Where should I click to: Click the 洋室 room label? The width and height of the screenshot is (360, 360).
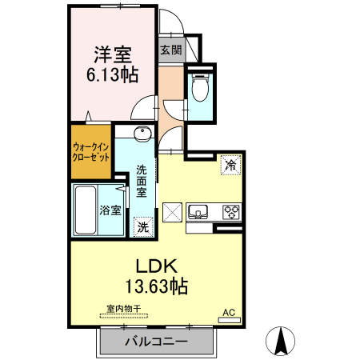coord(113,55)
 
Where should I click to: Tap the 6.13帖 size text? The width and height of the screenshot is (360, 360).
coord(113,74)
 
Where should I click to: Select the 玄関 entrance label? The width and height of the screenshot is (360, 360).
coord(171,50)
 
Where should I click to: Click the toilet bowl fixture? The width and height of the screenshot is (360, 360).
coord(200,87)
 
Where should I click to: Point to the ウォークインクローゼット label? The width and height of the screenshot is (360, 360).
coord(91,152)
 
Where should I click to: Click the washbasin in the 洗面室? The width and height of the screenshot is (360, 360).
coord(143,134)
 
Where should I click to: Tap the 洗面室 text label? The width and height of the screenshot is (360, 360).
coord(142,181)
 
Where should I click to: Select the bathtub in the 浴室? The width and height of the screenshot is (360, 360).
coord(86,210)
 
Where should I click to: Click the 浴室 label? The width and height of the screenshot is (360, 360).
coord(110,210)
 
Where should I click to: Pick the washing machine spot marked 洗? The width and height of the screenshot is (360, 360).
coord(143,227)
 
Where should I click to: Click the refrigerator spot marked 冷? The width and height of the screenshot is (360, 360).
coord(231,165)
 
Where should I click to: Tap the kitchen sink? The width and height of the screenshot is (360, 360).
coord(198,211)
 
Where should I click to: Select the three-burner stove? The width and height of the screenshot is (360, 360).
coord(231,212)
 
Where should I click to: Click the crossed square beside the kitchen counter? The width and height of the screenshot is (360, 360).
coord(172,213)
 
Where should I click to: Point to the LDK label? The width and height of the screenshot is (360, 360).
coord(157,266)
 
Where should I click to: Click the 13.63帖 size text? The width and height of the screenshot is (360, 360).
coord(157,286)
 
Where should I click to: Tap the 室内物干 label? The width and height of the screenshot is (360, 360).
coord(124,309)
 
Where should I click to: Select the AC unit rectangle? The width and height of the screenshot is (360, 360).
coord(230,320)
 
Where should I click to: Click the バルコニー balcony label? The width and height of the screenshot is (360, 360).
coord(157,342)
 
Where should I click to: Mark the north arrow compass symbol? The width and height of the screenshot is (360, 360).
coord(280,341)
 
